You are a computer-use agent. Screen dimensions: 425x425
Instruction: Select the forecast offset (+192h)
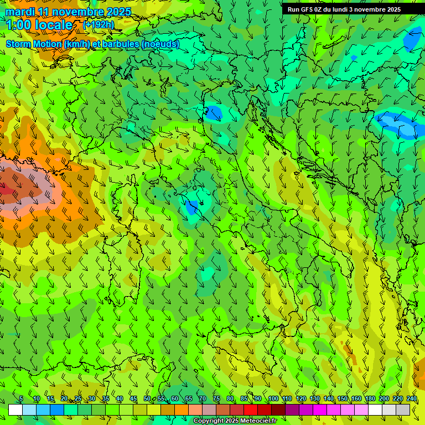[x=99, y=24]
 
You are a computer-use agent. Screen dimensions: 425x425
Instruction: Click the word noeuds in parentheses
[x=160, y=44]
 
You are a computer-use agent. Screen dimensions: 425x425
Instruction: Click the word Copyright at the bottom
[x=210, y=421]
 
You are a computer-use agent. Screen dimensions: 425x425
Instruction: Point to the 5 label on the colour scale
[x=21, y=399]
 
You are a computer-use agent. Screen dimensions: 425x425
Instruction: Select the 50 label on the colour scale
[x=147, y=399]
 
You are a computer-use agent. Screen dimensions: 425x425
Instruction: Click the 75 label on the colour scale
[x=216, y=399]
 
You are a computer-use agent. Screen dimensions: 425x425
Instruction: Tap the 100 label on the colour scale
[x=273, y=399]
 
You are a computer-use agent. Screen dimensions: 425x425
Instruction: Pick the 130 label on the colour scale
[x=314, y=399]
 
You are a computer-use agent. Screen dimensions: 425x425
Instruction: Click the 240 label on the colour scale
[x=412, y=399]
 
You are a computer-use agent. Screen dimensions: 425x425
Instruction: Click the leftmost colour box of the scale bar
[x=15, y=410]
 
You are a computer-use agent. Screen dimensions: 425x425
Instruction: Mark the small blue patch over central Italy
[x=191, y=207]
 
